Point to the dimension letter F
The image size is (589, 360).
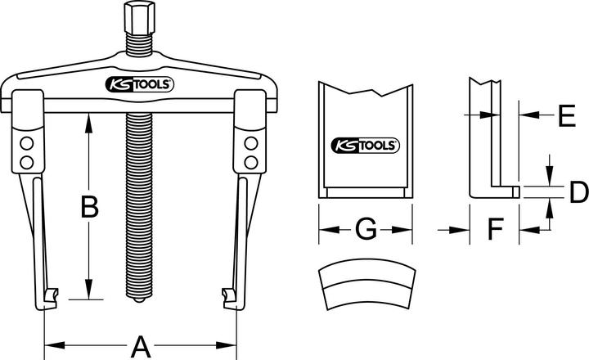coord(494,230)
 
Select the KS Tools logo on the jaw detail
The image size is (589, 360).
coord(365,146)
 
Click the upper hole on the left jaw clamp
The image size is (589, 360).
coord(26,142)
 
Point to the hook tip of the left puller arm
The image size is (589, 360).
coord(52,293)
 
